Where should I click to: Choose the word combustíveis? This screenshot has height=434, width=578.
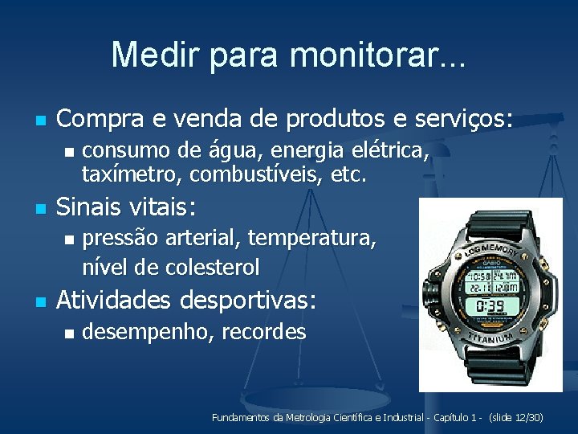coord(250,173)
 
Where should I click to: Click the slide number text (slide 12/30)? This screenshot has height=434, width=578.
coord(516,418)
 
